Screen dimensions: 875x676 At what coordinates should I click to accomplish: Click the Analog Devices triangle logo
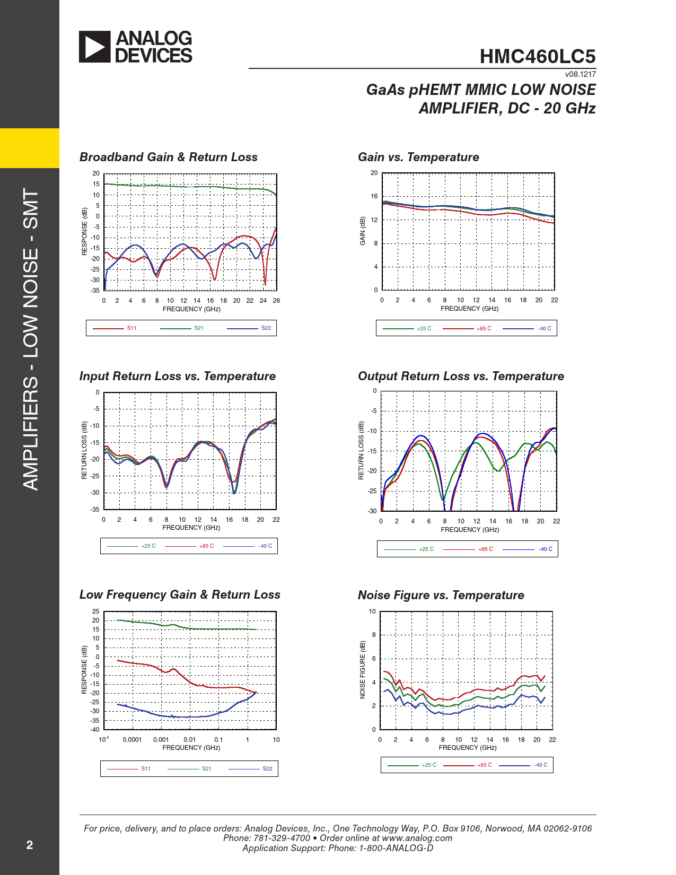[95, 47]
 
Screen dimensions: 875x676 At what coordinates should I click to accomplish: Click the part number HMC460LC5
[537, 57]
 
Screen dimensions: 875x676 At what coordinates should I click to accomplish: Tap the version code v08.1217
[580, 74]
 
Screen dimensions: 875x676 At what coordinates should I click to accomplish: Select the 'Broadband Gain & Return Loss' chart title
[168, 157]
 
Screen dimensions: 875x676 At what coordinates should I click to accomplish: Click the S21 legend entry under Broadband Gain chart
[199, 328]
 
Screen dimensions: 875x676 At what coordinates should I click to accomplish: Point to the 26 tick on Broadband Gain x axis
[276, 301]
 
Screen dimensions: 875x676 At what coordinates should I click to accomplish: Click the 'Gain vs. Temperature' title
[418, 157]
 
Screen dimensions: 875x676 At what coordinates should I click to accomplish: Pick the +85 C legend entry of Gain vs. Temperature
[484, 329]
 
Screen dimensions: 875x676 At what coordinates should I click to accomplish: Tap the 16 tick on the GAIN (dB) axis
[374, 196]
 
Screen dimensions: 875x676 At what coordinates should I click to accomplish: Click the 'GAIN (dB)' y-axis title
[363, 231]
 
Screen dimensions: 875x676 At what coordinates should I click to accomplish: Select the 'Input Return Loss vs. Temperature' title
[177, 376]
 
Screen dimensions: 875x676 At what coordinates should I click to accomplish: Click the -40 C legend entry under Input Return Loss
[266, 546]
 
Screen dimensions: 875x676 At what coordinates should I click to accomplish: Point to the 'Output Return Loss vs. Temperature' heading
[461, 376]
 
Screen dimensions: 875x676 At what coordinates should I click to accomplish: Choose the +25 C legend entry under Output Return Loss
[426, 549]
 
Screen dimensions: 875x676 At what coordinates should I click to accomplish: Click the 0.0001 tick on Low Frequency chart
[132, 740]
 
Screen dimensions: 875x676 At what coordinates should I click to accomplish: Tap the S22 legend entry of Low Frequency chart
[268, 769]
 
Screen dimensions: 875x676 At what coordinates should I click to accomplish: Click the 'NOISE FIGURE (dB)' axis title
[363, 670]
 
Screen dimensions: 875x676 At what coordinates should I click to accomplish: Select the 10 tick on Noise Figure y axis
[372, 611]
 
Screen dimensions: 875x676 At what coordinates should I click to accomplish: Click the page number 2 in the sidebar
[30, 845]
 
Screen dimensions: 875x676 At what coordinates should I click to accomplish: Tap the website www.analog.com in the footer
[417, 838]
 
